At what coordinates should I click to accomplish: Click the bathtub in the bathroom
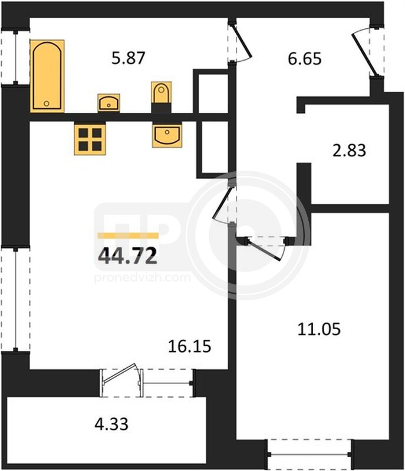47,76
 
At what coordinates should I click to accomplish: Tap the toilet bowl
162,93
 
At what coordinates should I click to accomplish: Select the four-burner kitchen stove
90,139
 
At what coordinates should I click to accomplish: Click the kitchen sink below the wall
167,135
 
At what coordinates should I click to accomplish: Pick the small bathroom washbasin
109,102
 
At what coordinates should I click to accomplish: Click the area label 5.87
129,58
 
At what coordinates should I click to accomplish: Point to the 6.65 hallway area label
305,58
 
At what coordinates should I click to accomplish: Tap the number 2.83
349,150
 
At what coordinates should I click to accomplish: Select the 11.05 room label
319,329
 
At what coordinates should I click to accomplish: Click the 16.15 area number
189,346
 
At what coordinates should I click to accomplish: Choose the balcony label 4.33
111,424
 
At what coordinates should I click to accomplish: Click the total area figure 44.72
128,256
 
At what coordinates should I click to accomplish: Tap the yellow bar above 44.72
128,235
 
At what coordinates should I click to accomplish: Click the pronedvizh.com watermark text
143,277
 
